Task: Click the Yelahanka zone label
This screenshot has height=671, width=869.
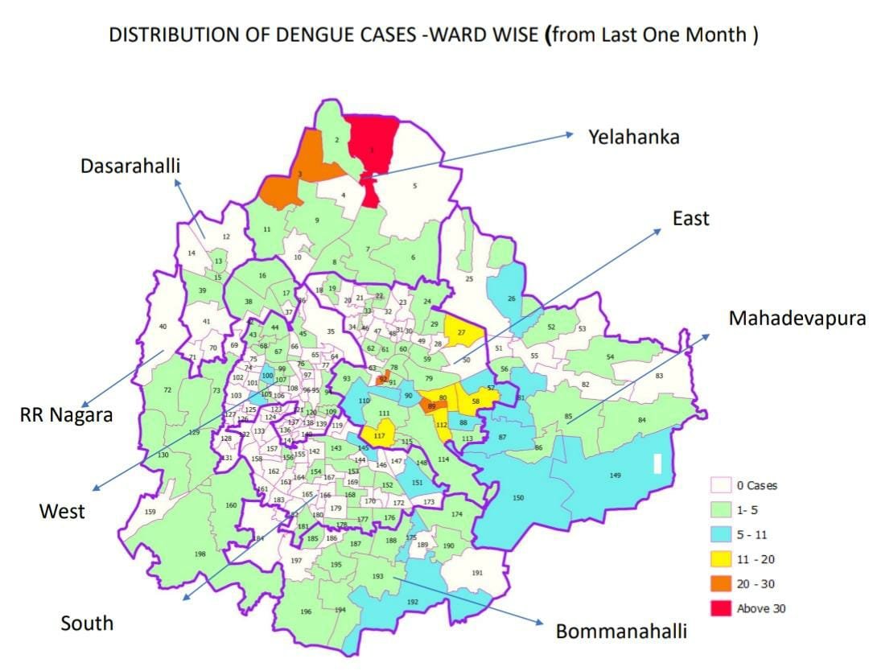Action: point(633,137)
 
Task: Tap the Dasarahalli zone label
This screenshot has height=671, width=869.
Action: point(130,166)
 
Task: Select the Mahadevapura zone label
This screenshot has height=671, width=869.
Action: point(797,318)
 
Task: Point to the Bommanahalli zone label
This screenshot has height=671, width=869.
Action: point(621,631)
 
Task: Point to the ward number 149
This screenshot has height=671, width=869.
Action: point(615,475)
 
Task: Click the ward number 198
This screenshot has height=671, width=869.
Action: point(200,554)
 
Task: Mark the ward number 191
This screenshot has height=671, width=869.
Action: point(477,573)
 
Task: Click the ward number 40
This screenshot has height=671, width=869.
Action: point(163,327)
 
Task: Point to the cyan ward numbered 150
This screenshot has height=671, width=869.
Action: point(518,498)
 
